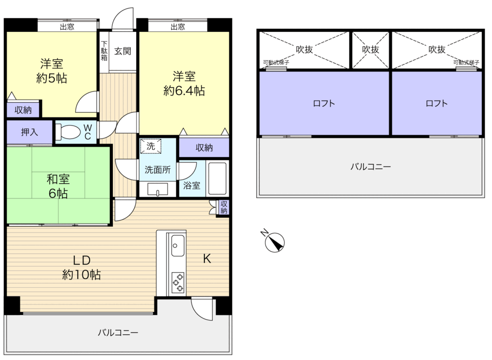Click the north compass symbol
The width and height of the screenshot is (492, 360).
pyautogui.click(x=275, y=242)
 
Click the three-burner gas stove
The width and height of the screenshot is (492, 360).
pyautogui.click(x=178, y=283)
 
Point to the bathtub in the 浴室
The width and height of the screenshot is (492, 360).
pyautogui.click(x=217, y=178)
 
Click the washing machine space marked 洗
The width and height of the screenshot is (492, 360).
pyautogui.click(x=151, y=146)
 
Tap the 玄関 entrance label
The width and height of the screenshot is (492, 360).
pyautogui.click(x=122, y=51)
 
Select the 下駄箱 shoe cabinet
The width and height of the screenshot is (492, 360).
pyautogui.click(x=104, y=51)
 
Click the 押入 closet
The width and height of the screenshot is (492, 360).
pyautogui.click(x=30, y=132)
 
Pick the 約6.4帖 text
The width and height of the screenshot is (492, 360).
pyautogui.click(x=184, y=91)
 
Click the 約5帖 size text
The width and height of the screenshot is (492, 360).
pyautogui.click(x=52, y=78)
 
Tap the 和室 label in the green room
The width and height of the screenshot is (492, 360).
pyautogui.click(x=58, y=179)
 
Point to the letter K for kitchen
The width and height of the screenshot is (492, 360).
pyautogui.click(x=207, y=259)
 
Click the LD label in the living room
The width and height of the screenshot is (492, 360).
pyautogui.click(x=81, y=260)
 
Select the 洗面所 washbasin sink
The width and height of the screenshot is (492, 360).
pyautogui.click(x=157, y=189)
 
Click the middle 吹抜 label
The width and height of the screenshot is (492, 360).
pyautogui.click(x=371, y=49)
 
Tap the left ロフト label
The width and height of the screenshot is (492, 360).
pyautogui.click(x=324, y=104)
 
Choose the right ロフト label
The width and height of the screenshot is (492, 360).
pyautogui.click(x=437, y=104)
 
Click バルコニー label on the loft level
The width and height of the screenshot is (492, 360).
pyautogui.click(x=371, y=166)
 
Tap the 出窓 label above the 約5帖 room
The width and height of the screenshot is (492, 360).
pyautogui.click(x=67, y=27)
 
